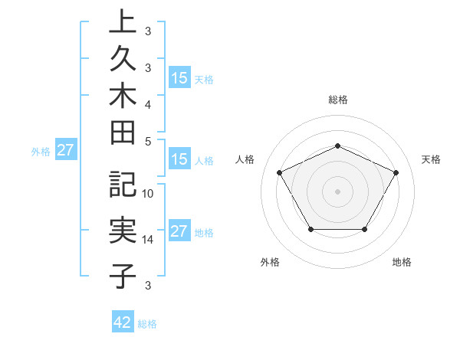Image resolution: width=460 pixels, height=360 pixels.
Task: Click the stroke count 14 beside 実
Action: pyautogui.click(x=149, y=240)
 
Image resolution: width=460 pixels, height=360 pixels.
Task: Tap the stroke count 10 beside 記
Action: pyautogui.click(x=149, y=194)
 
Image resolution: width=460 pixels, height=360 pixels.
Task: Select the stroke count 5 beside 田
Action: pyautogui.click(x=148, y=141)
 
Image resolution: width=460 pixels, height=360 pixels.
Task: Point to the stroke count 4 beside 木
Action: pyautogui.click(x=148, y=103)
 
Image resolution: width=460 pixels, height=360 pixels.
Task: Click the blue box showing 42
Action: pyautogui.click(x=123, y=322)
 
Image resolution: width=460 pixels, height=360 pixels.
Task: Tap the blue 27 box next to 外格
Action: pyautogui.click(x=65, y=151)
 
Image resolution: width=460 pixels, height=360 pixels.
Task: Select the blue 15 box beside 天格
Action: pyautogui.click(x=179, y=78)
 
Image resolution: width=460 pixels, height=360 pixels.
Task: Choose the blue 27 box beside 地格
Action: pyautogui.click(x=179, y=232)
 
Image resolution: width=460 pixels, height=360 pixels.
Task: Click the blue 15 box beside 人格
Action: pyautogui.click(x=179, y=160)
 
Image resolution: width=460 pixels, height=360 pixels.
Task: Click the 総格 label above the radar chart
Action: pyautogui.click(x=338, y=100)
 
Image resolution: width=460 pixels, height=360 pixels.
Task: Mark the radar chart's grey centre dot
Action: pyautogui.click(x=337, y=191)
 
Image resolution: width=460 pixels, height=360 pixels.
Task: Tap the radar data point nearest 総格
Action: pyautogui.click(x=337, y=146)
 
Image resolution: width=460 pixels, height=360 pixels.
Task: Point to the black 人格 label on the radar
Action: pyautogui.click(x=245, y=159)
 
